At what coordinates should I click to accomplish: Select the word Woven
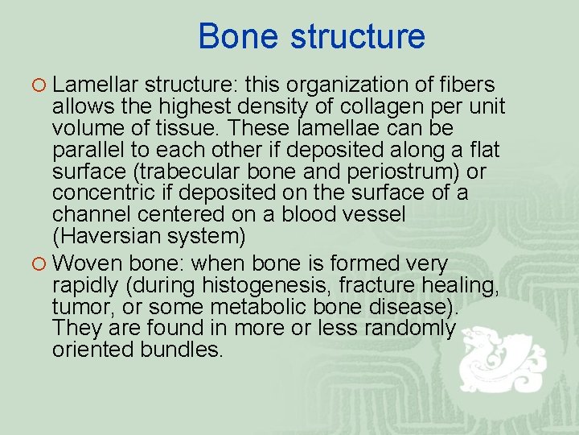coord(86,263)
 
